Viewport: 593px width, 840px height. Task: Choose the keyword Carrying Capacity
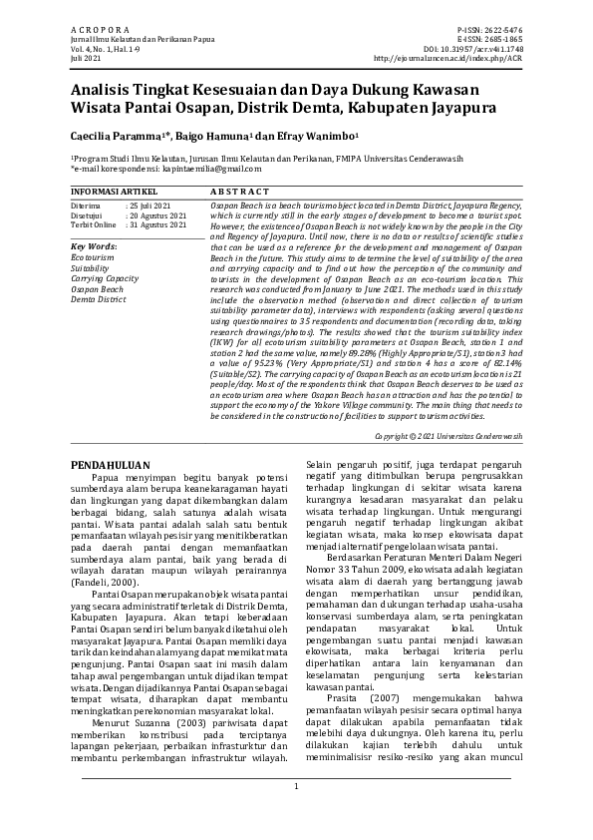105,279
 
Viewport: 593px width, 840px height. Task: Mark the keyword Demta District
99,299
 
